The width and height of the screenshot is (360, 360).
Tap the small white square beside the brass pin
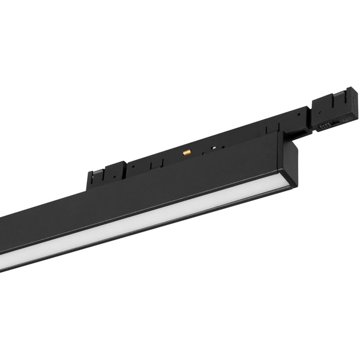[x=214, y=146]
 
